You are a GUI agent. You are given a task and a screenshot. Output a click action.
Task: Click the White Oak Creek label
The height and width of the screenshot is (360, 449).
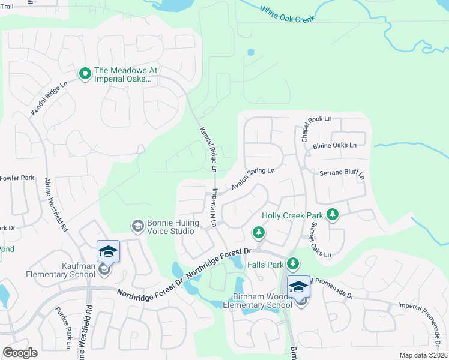pyautogui.click(x=288, y=15)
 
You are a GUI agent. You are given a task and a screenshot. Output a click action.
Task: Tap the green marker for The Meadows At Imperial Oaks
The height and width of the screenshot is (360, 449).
pyautogui.click(x=85, y=74)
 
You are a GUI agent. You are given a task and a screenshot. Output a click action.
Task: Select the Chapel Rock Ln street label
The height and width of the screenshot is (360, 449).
pyautogui.click(x=316, y=128)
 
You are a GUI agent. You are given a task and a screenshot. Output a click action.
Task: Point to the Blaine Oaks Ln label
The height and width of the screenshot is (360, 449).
pyautogui.click(x=334, y=145)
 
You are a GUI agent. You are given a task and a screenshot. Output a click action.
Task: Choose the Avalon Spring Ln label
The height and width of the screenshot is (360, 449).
pyautogui.click(x=253, y=179)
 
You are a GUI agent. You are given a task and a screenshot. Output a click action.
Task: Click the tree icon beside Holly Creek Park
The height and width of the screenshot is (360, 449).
pyautogui.click(x=332, y=215)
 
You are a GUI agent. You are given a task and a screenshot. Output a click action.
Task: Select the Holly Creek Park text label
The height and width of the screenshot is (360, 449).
pyautogui.click(x=292, y=215)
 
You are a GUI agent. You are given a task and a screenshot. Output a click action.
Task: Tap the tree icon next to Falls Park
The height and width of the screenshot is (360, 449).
pyautogui.click(x=292, y=263)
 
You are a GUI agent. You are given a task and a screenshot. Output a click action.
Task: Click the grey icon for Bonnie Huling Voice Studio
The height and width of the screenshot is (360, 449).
pyautogui.click(x=137, y=226)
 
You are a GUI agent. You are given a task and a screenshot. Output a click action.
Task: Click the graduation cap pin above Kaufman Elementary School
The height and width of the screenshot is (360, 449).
pyautogui.click(x=108, y=251)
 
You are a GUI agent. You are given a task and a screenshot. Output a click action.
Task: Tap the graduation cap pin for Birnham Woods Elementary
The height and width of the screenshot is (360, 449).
pyautogui.click(x=298, y=287)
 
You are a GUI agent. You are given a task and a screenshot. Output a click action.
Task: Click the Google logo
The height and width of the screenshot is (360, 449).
pyautogui.click(x=20, y=352)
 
